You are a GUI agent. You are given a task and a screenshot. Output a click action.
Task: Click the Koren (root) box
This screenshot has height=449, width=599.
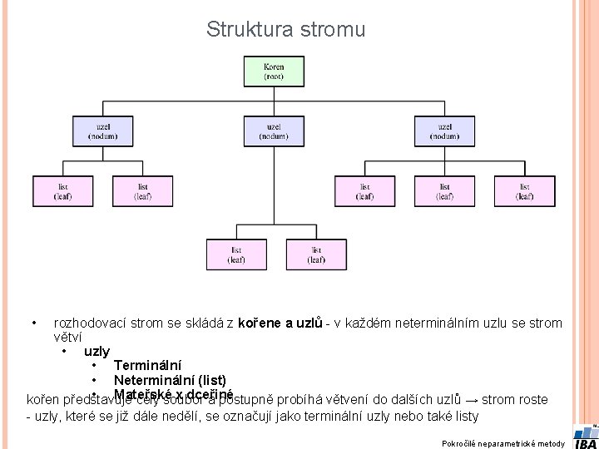(274, 72)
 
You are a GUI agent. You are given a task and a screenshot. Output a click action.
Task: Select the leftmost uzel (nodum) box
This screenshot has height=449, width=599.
(102, 131)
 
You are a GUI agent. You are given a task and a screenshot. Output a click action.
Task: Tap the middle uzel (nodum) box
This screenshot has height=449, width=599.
(274, 131)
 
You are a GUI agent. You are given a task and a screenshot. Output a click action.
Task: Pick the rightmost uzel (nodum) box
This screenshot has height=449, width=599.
(445, 131)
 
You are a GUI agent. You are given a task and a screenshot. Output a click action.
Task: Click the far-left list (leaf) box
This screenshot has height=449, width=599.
(63, 191)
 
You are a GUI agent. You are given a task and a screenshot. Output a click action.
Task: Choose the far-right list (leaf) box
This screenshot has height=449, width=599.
(524, 191)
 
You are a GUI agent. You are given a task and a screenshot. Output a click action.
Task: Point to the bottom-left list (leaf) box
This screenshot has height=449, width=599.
(236, 254)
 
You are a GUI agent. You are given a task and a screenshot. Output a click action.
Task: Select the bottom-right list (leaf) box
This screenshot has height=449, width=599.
(316, 254)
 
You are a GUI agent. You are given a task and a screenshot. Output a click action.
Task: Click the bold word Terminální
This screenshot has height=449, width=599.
(147, 365)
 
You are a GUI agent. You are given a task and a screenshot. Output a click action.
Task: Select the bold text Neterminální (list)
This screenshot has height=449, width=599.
(170, 380)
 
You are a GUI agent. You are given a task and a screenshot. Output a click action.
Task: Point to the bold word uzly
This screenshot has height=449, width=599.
(97, 351)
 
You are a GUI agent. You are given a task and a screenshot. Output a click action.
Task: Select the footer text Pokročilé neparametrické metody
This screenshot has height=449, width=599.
(503, 443)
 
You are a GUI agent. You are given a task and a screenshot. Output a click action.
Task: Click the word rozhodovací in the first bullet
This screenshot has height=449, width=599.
(89, 323)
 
